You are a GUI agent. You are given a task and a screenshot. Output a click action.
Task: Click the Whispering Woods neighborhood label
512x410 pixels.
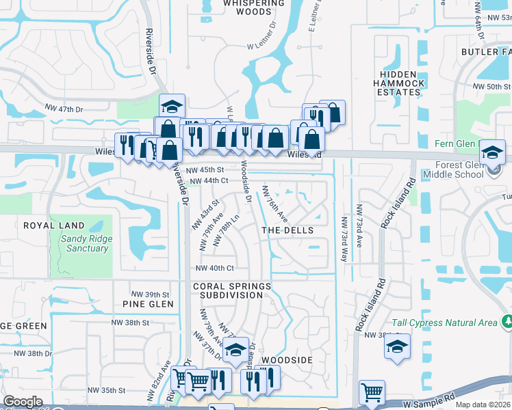point(247,7)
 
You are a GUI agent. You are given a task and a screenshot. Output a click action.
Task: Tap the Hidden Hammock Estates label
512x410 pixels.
point(399,83)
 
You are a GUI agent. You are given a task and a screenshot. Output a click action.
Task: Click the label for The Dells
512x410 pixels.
point(287,230)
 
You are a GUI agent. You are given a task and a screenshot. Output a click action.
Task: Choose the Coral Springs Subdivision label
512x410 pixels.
point(228,290)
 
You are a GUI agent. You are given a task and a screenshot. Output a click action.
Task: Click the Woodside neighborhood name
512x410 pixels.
point(287,359)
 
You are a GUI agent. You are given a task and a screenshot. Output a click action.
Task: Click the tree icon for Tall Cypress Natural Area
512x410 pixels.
point(507,320)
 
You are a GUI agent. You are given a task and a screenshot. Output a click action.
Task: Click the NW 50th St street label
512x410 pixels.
point(493,87)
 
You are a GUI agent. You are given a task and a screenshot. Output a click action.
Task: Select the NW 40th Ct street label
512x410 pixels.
point(214,268)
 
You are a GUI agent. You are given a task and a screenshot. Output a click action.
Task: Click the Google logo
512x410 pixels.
point(23,402)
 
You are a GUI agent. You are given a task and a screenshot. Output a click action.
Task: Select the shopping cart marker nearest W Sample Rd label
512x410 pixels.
point(372,392)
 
